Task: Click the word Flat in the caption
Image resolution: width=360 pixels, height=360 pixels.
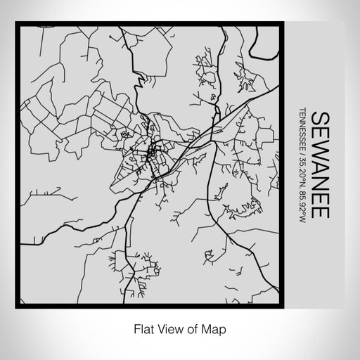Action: (139, 328)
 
